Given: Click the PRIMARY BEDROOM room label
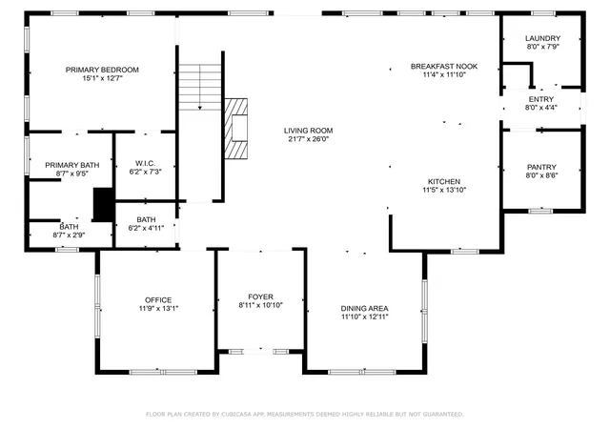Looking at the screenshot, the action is click(x=102, y=70).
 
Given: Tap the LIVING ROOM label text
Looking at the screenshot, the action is click(x=308, y=131).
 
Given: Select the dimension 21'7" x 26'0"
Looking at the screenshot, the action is click(x=308, y=139).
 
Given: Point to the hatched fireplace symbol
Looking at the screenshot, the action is click(x=235, y=129).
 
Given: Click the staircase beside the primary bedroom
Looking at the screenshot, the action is click(x=200, y=87).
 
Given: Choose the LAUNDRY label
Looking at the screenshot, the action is click(x=542, y=38).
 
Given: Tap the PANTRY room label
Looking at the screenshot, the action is click(x=541, y=167).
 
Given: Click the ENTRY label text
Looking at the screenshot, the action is click(x=540, y=99).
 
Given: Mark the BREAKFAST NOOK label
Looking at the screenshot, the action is click(x=444, y=66).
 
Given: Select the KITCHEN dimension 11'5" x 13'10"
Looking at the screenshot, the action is click(x=444, y=190).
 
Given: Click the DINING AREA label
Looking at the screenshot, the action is click(x=364, y=308).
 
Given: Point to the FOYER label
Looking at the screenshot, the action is click(x=260, y=296).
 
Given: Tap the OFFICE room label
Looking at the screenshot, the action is click(x=158, y=299).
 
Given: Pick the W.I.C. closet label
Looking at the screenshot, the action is click(x=145, y=163).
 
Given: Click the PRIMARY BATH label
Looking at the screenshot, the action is click(x=72, y=165).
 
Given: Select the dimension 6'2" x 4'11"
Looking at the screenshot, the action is click(x=146, y=228).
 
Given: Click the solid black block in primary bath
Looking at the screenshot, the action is click(x=104, y=204).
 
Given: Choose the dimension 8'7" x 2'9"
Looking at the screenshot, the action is click(x=69, y=235).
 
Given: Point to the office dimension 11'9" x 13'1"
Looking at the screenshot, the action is click(x=158, y=308).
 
